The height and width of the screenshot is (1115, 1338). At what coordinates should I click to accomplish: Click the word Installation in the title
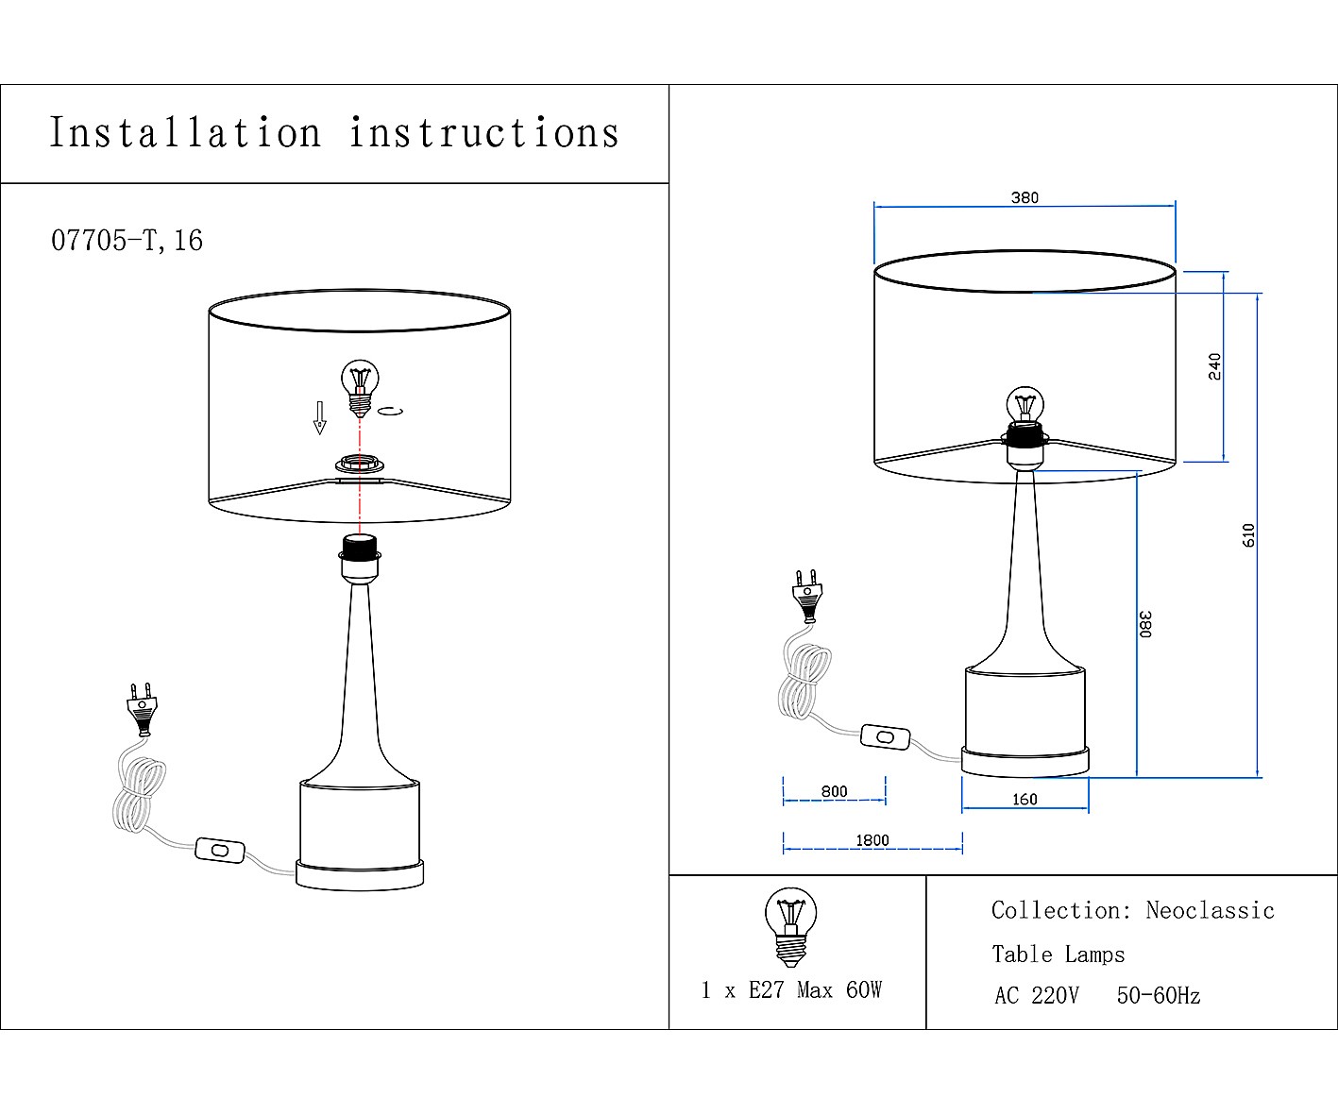coord(185,133)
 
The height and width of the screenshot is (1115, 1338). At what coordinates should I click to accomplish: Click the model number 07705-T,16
coord(127,241)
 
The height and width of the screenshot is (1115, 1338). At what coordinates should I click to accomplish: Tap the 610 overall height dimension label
coord(1248,535)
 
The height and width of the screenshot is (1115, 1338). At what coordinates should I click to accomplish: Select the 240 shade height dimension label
coord(1214,366)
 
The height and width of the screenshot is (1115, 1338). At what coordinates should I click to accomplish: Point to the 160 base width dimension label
coord(1025,800)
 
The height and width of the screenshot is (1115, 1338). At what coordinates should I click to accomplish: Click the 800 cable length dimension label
coord(834,791)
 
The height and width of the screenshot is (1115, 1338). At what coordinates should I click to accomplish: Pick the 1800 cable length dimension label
coord(872,840)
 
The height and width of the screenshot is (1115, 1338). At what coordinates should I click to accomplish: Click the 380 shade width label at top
coord(1025,198)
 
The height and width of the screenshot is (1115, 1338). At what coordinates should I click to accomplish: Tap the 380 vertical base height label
coord(1145,624)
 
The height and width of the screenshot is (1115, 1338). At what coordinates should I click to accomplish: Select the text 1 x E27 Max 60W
coord(790,990)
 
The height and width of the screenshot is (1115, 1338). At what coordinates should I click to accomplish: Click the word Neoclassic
coord(1210,911)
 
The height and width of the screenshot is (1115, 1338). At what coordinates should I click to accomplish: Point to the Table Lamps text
coord(1058,955)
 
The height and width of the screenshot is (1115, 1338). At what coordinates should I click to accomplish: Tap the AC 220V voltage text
coord(1036,996)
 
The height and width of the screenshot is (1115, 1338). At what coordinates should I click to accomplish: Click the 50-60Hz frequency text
coord(1158,996)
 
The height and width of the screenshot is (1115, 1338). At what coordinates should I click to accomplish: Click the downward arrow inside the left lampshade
coord(320,416)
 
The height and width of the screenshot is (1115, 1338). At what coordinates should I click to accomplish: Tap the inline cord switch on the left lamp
coord(220,851)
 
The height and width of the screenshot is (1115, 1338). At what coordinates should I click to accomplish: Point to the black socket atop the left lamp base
coord(359,546)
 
